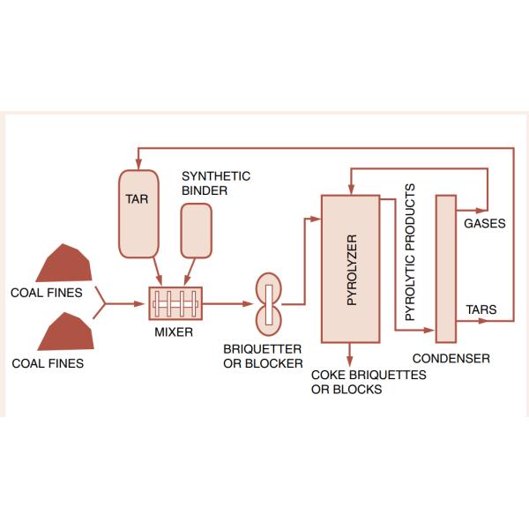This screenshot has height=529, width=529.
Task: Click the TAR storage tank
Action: pyautogui.click(x=138, y=214)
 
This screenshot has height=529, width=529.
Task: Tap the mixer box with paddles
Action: pyautogui.click(x=174, y=305)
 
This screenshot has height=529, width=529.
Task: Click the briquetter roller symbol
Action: pyautogui.click(x=266, y=302)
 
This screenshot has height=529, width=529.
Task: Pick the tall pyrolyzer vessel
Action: pyautogui.click(x=350, y=268)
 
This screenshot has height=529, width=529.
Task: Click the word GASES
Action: pyautogui.click(x=484, y=224)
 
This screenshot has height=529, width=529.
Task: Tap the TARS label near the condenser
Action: pyautogui.click(x=481, y=310)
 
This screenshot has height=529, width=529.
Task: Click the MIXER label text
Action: pyautogui.click(x=174, y=333)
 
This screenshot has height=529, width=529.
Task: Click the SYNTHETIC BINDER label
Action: pyautogui.click(x=215, y=183)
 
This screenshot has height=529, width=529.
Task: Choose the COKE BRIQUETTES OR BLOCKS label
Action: pyautogui.click(x=369, y=382)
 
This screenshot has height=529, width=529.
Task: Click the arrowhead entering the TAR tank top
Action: pyautogui.click(x=138, y=165)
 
